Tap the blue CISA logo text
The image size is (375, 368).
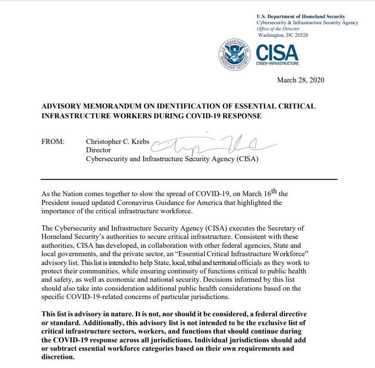tap(277, 52)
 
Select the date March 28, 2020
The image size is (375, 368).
tap(300, 80)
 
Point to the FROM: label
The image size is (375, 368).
tap(53, 142)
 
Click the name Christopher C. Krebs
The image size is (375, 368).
tap(117, 142)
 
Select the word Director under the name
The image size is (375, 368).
tap(98, 150)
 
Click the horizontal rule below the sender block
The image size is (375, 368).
tap(189, 179)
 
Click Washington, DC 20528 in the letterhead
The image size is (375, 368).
tap(283, 35)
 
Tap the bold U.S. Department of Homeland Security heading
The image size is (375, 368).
tap(301, 17)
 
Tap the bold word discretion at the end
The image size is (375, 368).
tap(57, 357)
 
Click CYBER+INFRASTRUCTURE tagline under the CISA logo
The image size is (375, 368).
tap(278, 63)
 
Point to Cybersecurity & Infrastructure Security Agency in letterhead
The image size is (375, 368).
tap(307, 23)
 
